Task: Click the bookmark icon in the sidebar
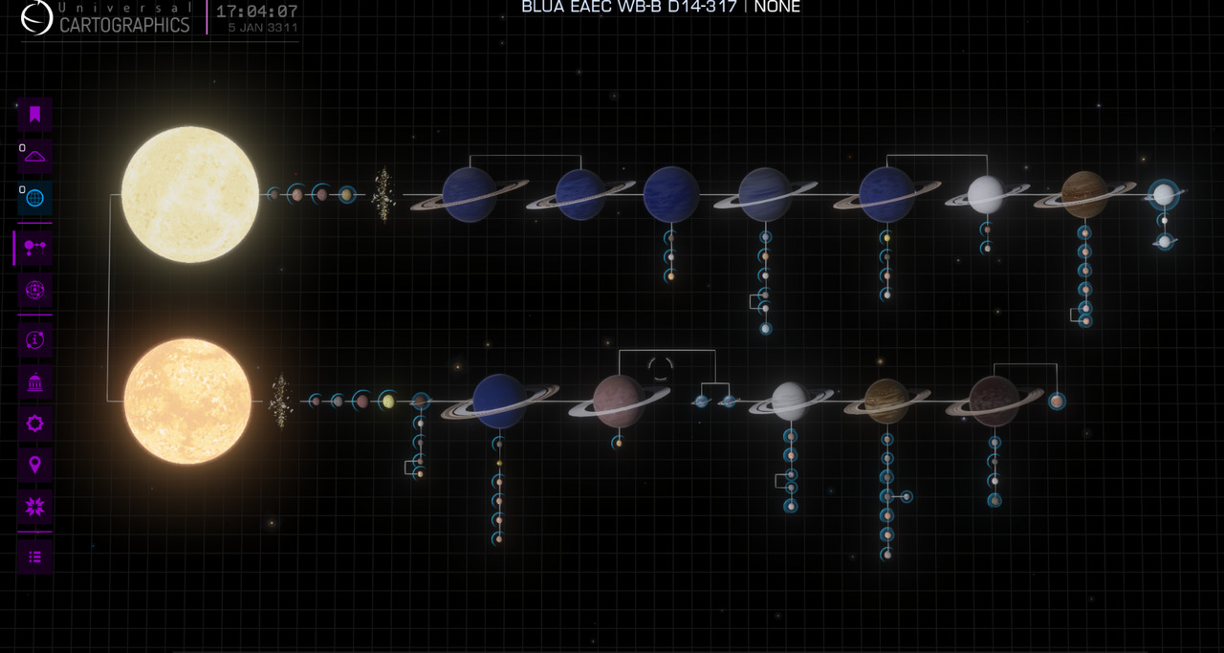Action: point(35,115)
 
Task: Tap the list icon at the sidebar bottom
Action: point(35,556)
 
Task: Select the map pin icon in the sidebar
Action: point(35,465)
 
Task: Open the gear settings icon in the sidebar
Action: point(35,423)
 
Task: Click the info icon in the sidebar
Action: point(35,340)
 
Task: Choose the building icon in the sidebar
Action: point(35,381)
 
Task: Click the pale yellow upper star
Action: point(190,194)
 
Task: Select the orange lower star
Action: point(187,402)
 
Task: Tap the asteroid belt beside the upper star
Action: point(383,194)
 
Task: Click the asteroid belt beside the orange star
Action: point(281,402)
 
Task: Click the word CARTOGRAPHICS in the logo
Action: point(124,25)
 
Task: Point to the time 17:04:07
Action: point(257,11)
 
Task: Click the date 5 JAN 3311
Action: point(263,28)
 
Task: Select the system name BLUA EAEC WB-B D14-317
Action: point(629,7)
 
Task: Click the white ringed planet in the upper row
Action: point(986,194)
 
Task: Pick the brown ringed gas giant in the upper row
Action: point(1084,194)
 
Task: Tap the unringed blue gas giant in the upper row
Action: point(671,194)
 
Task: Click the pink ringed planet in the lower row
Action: point(619,402)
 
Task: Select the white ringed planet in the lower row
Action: point(790,402)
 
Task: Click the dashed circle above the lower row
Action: point(660,368)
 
